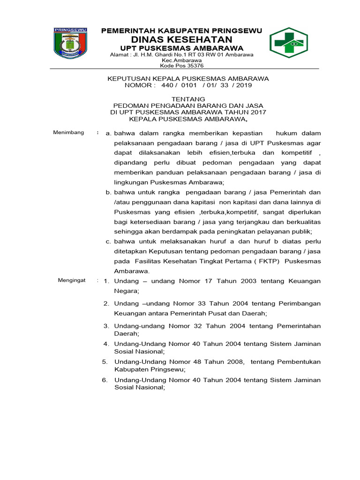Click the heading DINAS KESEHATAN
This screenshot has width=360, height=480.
pyautogui.click(x=181, y=39)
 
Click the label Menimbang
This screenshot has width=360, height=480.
pyautogui.click(x=68, y=132)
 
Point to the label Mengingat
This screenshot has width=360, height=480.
pyautogui.click(x=72, y=280)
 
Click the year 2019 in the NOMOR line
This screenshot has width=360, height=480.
pyautogui.click(x=244, y=85)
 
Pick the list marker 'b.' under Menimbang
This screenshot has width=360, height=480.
pyautogui.click(x=108, y=192)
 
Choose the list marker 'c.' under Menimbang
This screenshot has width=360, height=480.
pyautogui.click(x=108, y=241)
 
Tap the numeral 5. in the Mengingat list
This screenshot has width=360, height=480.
pyautogui.click(x=105, y=361)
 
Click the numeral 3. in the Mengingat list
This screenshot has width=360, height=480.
pyautogui.click(x=106, y=326)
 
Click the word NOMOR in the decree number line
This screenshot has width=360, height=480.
pyautogui.click(x=138, y=85)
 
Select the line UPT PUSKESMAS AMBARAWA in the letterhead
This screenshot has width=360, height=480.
pyautogui.click(x=182, y=48)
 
